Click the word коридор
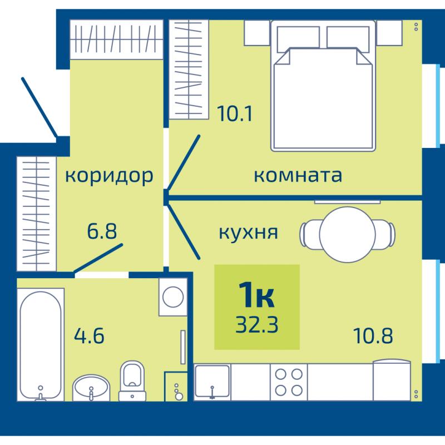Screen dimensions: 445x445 (109, 176)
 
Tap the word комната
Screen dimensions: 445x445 (298, 176)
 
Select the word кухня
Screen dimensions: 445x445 (248, 233)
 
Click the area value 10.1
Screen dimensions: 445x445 (234, 113)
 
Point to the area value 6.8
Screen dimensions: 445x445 (102, 231)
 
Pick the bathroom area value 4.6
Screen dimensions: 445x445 (89, 336)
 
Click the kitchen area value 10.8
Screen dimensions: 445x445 (373, 336)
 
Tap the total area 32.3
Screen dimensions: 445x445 (257, 324)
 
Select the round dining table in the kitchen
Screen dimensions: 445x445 (347, 235)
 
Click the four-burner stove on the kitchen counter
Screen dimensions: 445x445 (289, 382)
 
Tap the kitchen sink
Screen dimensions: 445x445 (212, 382)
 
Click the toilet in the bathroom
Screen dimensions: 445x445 (132, 381)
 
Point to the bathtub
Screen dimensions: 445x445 (41, 344)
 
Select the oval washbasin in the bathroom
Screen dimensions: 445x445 (91, 388)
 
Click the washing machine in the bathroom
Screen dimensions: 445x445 (173, 297)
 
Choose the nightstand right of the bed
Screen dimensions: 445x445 (389, 33)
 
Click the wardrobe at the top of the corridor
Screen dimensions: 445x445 (117, 39)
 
